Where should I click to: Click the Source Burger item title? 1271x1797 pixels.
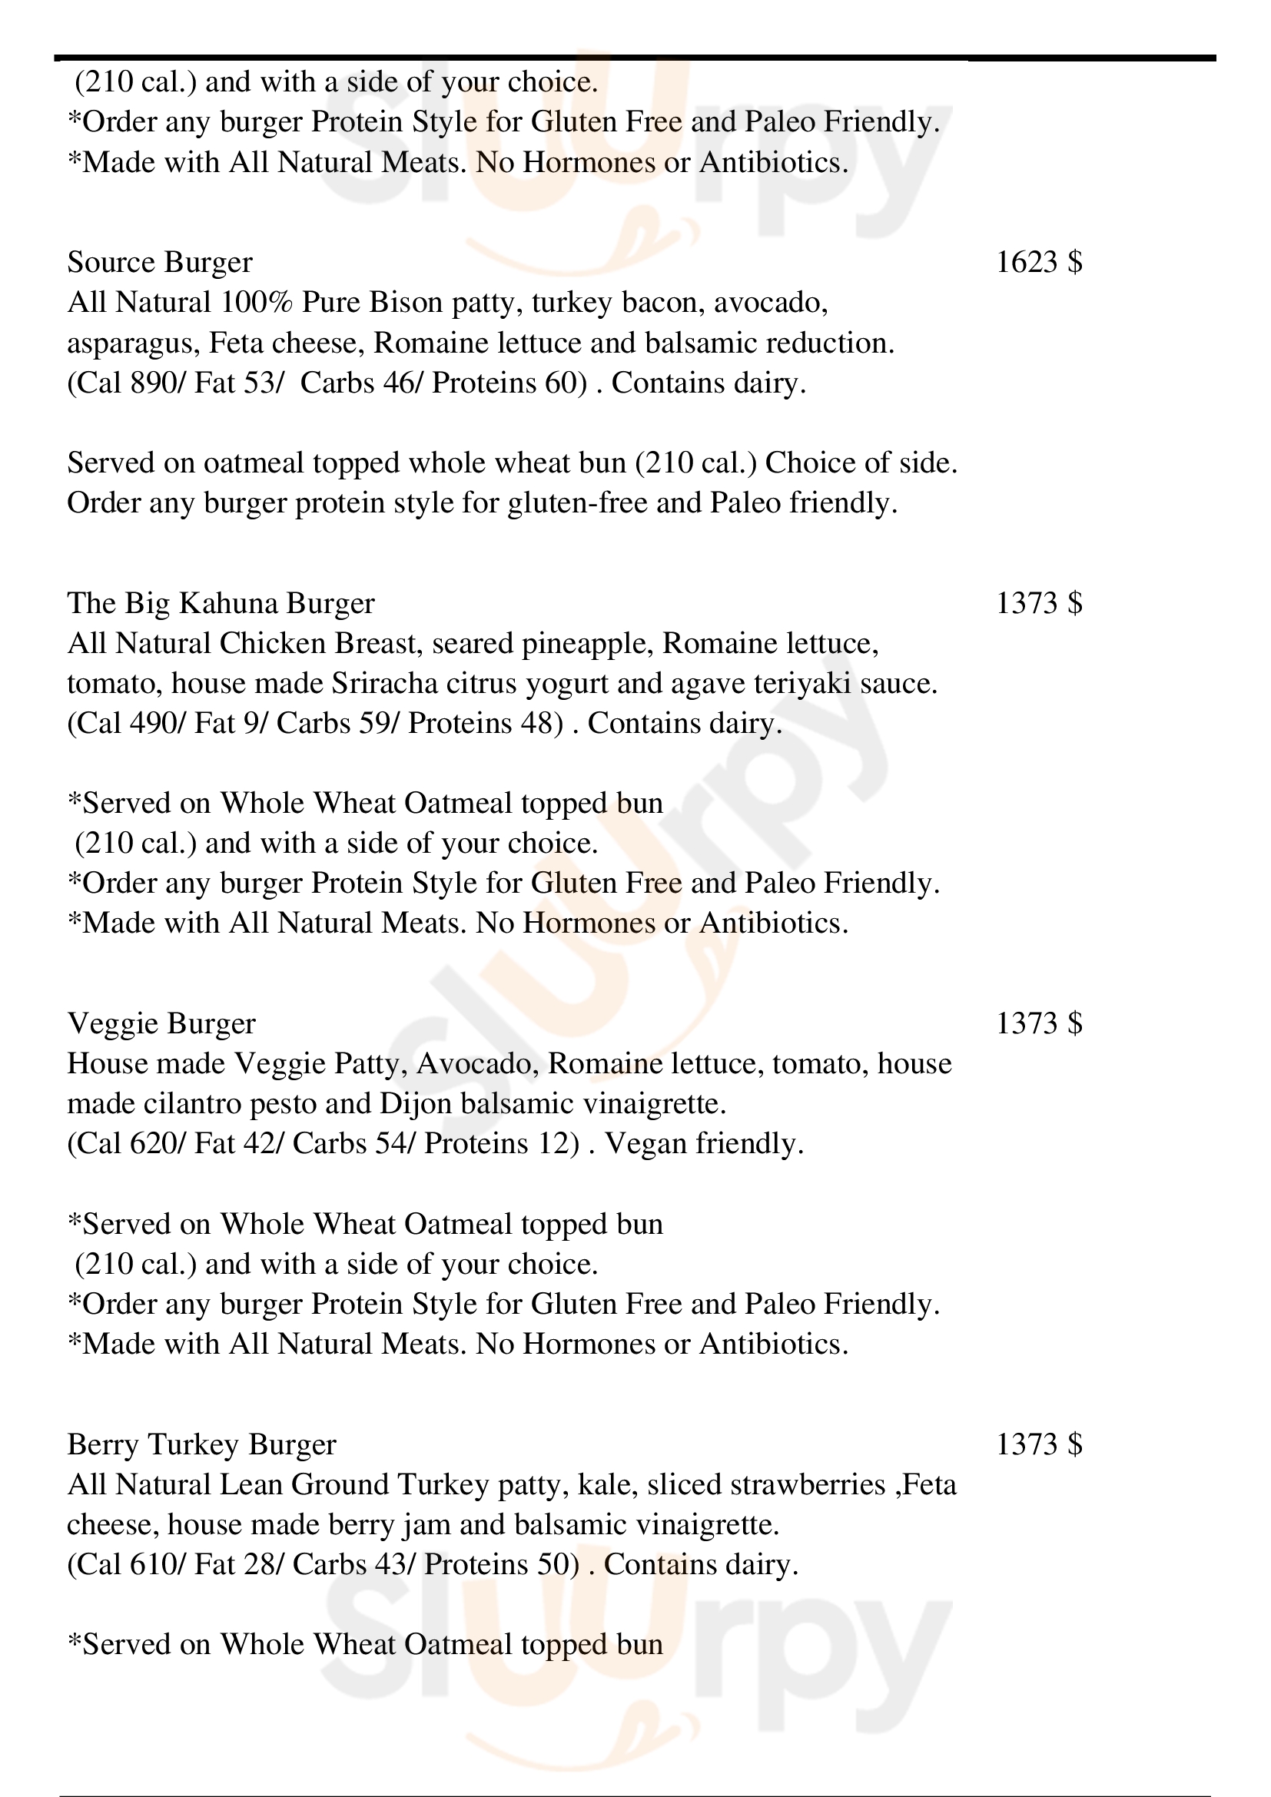point(160,262)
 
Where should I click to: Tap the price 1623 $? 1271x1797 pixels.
point(1039,262)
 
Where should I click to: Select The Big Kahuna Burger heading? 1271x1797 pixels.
point(221,603)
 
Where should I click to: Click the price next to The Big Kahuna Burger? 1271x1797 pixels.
point(1039,603)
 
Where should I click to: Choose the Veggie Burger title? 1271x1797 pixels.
point(161,1023)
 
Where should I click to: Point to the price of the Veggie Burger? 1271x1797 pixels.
point(1039,1023)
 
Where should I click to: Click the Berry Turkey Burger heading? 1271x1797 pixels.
point(201,1444)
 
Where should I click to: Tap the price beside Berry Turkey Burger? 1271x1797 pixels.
point(1039,1444)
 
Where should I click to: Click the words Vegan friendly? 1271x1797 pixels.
point(704,1144)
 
